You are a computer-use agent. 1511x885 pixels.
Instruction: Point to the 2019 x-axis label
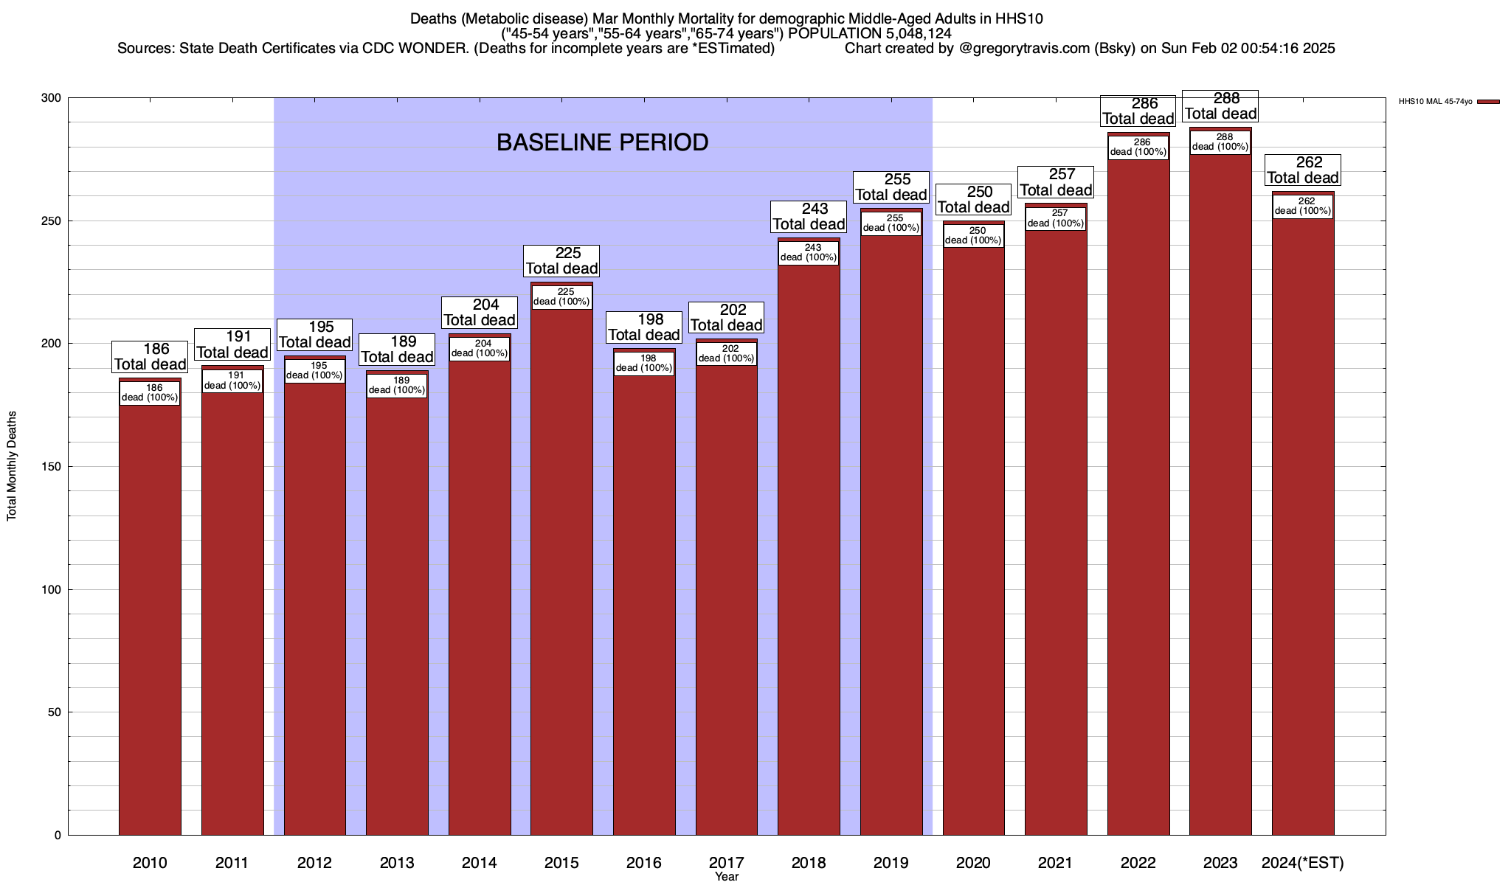point(891,862)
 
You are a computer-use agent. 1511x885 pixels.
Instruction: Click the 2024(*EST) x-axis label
point(1303,862)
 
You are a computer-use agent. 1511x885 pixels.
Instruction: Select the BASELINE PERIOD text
point(602,142)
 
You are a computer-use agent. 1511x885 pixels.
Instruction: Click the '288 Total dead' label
point(1220,106)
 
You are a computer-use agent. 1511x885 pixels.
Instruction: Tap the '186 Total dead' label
point(150,357)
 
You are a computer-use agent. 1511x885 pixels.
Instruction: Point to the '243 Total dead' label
point(809,217)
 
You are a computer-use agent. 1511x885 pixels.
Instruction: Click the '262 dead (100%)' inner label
point(1303,206)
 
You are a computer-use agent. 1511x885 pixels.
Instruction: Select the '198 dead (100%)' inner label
point(644,363)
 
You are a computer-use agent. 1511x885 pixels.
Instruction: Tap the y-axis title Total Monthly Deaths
point(12,466)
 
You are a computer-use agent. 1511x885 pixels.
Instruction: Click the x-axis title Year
point(727,877)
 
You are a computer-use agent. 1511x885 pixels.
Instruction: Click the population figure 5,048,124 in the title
point(908,34)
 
